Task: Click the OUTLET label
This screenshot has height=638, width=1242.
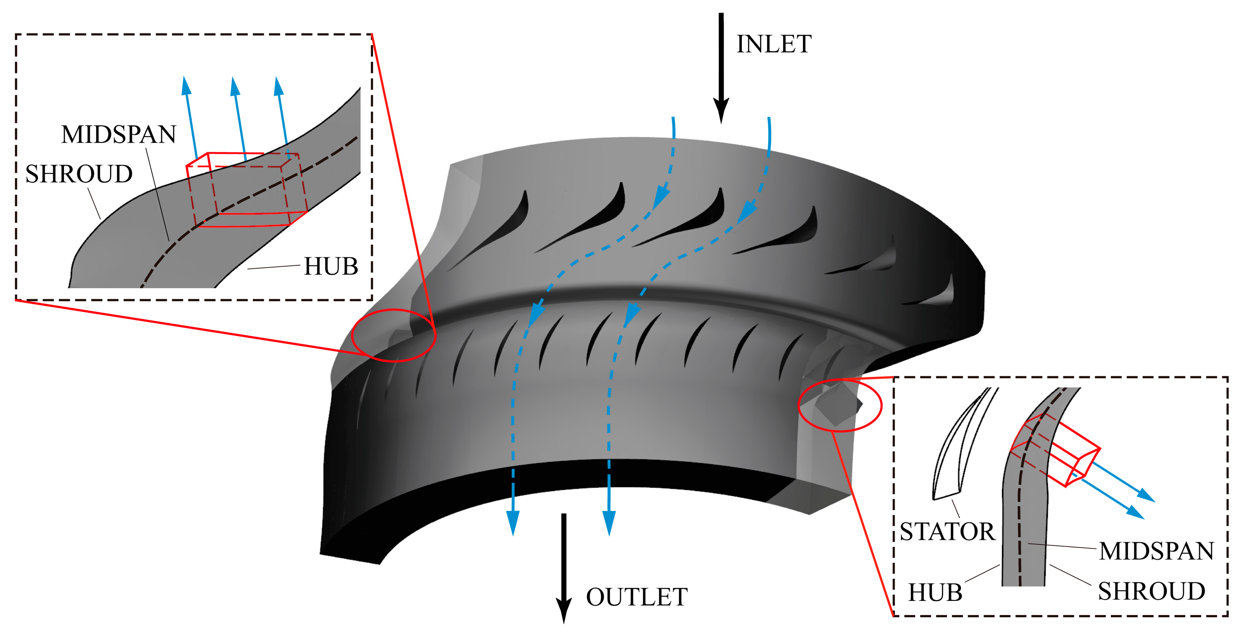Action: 636,597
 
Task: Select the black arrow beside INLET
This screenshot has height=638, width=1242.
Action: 721,68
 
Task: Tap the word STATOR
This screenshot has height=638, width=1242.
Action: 947,532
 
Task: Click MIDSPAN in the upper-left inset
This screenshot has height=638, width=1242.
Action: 119,134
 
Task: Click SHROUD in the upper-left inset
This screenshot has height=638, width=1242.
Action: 79,174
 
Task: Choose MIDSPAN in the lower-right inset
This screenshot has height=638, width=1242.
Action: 1156,551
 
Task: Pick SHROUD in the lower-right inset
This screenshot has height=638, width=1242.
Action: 1151,591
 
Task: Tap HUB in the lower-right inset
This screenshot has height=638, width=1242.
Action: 935,593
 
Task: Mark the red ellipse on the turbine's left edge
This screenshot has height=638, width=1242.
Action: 394,335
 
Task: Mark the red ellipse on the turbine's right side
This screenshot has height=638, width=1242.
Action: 840,405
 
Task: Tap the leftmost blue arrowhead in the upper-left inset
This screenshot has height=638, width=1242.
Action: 186,85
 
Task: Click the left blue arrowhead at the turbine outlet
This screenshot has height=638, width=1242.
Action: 513,523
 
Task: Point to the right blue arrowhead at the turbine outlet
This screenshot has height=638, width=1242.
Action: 609,523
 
